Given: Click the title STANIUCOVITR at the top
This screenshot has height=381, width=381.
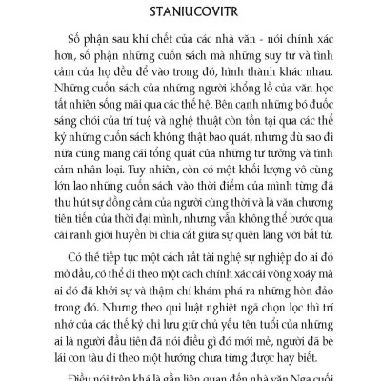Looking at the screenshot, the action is (190, 13).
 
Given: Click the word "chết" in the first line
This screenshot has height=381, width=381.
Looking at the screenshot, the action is (145, 48).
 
